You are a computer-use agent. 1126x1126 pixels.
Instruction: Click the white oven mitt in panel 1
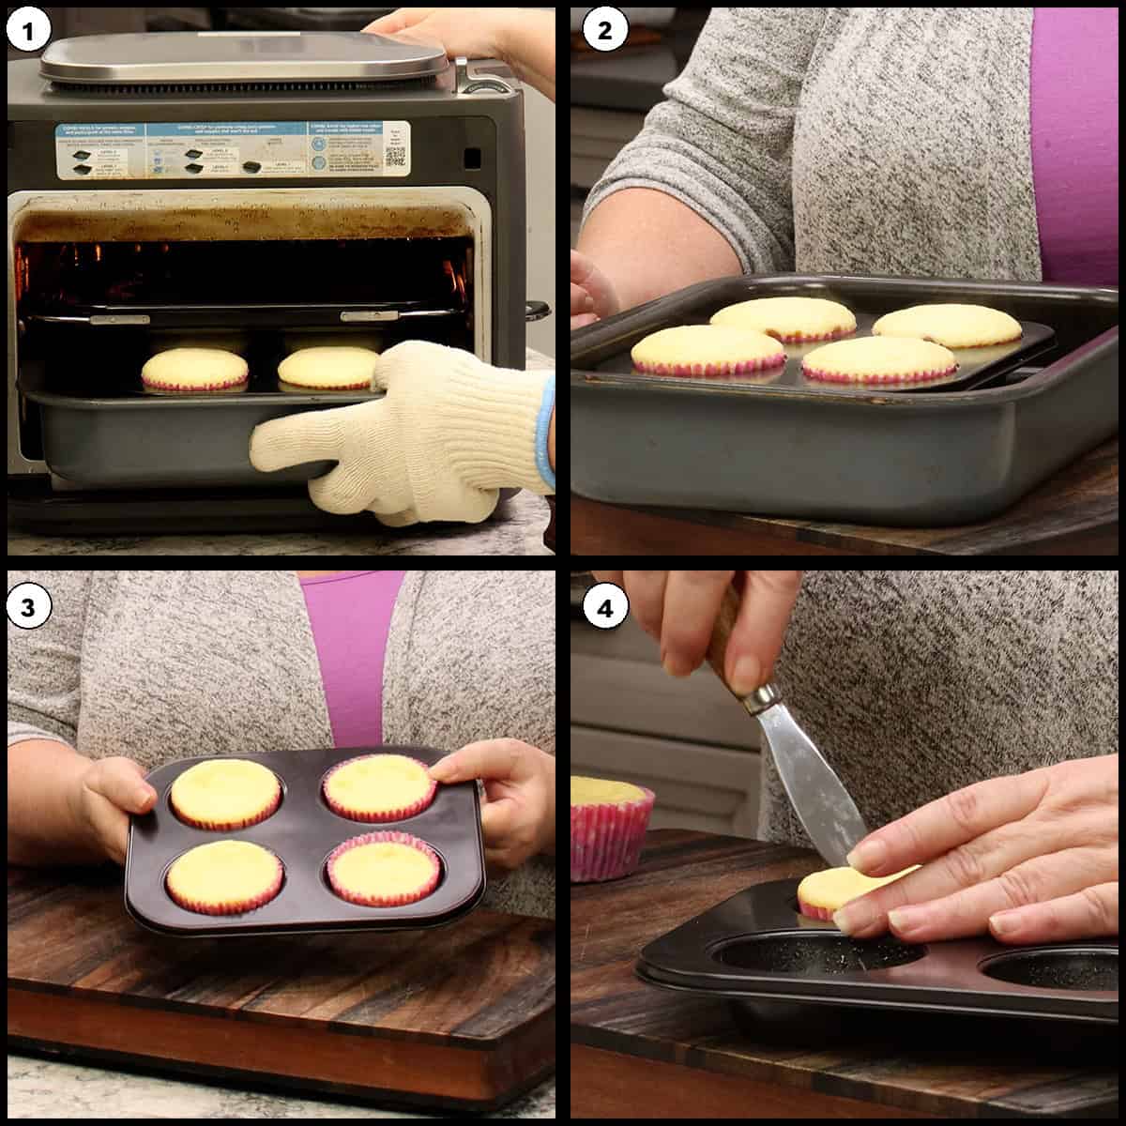tap(413, 432)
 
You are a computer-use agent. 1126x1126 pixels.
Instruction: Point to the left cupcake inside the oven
tap(194, 368)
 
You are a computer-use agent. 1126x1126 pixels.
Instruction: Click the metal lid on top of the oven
tap(244, 58)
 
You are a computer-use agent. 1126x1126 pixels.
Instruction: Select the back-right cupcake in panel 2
tap(948, 325)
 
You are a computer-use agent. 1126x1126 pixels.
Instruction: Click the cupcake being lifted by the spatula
tap(840, 891)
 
